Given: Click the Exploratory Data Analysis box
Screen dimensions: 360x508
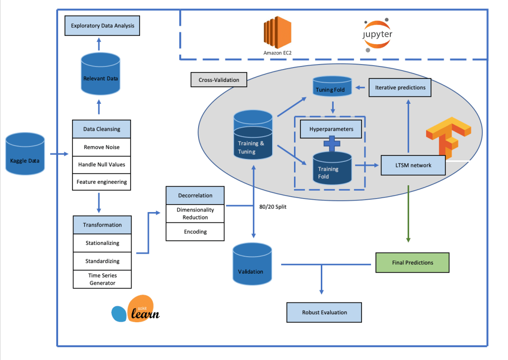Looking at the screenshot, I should (102, 25).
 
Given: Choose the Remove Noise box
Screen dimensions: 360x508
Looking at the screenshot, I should (101, 147).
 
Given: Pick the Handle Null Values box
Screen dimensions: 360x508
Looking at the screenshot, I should (101, 164).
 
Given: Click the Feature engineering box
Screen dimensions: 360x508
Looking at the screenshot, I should (101, 182).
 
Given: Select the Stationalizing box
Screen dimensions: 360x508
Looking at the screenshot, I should (102, 243).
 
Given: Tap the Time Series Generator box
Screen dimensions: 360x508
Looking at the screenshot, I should (102, 279).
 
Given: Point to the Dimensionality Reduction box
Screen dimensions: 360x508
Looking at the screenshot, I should (195, 214).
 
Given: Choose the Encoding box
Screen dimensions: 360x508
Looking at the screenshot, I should (195, 231).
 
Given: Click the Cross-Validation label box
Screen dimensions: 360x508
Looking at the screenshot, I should (218, 80).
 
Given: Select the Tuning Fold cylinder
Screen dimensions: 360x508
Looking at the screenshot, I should (332, 87).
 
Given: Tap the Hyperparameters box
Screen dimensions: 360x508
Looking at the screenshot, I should (331, 129).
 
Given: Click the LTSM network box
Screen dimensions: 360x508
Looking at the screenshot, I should (413, 165).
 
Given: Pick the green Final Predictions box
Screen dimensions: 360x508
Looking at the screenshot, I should (412, 263).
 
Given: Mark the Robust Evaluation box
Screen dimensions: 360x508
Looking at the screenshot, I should (324, 312).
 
